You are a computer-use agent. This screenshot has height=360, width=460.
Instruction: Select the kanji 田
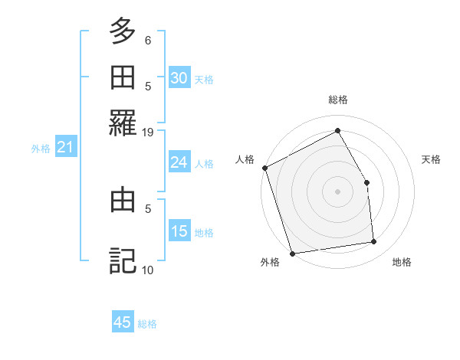click(123, 78)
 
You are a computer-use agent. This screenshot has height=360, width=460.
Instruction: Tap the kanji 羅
click(123, 123)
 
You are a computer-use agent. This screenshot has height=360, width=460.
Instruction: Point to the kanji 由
click(123, 201)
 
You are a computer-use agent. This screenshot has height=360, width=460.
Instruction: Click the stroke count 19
click(148, 132)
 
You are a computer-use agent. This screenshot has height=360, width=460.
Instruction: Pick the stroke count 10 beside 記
click(148, 269)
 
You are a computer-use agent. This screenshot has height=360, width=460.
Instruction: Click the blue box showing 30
click(179, 78)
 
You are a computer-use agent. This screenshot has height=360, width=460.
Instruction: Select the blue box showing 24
click(179, 162)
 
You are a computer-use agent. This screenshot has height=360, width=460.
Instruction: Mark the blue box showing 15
click(179, 231)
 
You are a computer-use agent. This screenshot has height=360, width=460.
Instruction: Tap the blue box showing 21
click(64, 148)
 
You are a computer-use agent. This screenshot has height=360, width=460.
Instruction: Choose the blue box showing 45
click(123, 322)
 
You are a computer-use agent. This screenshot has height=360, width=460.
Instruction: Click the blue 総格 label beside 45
click(147, 324)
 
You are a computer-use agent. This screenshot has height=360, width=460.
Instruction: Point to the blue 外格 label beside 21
click(40, 149)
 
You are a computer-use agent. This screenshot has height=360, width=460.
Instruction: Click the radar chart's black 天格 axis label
click(431, 159)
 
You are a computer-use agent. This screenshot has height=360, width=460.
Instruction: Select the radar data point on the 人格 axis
click(264, 168)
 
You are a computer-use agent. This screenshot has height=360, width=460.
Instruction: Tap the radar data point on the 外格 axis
click(292, 254)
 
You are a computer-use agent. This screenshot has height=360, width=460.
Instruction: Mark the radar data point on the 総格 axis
click(337, 130)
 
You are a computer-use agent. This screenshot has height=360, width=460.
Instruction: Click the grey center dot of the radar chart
click(337, 191)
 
